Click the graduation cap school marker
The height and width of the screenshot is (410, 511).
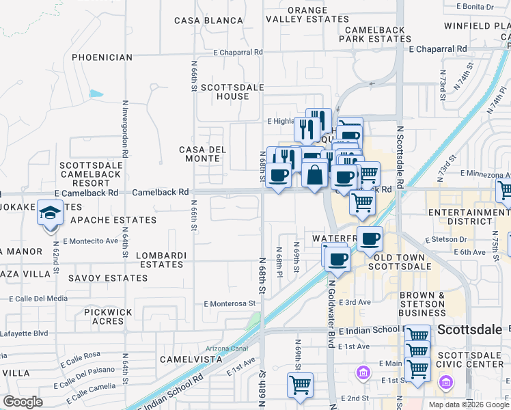point(50,214)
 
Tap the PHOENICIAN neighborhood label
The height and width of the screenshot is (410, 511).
point(102,57)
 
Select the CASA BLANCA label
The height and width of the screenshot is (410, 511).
point(209,20)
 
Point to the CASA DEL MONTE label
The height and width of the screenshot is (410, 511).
point(199,154)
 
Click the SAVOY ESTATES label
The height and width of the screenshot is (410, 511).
point(108,278)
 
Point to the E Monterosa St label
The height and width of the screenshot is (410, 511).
point(229,303)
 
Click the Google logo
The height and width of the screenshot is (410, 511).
point(23,402)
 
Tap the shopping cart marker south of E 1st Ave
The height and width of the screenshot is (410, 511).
point(300,385)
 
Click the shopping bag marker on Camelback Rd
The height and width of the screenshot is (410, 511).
point(314,175)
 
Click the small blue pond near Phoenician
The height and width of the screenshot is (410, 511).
point(96,94)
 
